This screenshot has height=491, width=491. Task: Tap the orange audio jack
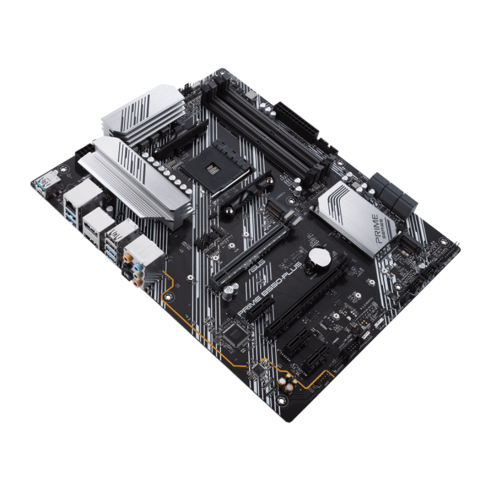128,258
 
